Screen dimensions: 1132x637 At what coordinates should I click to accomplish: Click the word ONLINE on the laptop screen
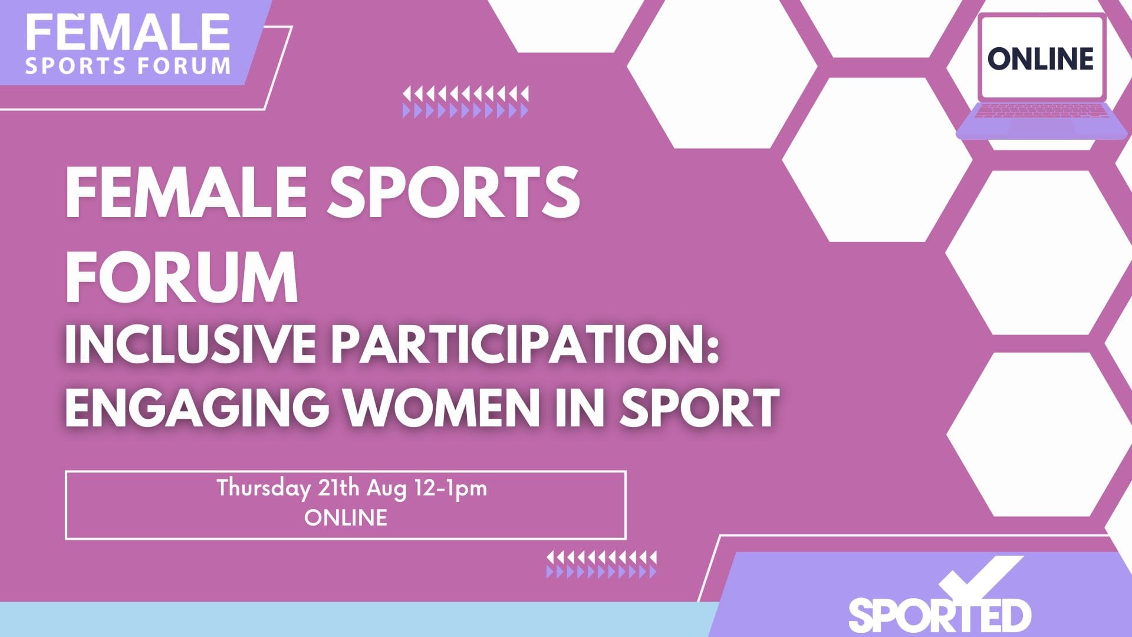pos(1040,58)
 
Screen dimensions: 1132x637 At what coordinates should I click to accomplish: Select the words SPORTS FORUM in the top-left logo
pos(128,65)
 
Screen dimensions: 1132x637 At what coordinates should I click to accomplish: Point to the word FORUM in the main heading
pos(182,277)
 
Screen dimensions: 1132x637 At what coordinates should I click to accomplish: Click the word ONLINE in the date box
pos(346,518)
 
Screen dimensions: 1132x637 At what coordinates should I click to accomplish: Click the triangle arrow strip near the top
pos(466,102)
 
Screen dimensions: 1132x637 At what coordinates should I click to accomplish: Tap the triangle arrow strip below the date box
pos(601,564)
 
